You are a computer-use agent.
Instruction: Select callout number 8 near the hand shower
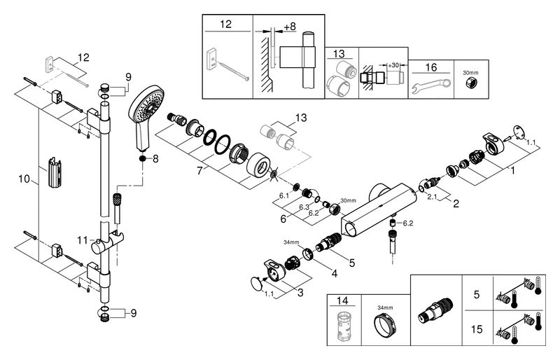click(156, 160)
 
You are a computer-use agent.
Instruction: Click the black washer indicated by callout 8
click(143, 159)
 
